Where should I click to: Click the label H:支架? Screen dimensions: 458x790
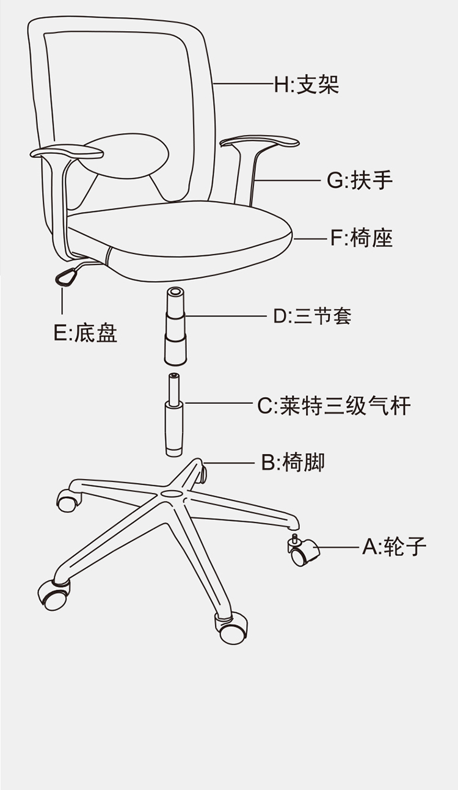[x=307, y=85]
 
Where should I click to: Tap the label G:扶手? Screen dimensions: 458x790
[x=360, y=180]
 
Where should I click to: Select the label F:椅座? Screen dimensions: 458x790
[x=362, y=238]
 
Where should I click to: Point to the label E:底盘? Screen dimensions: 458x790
[x=85, y=332]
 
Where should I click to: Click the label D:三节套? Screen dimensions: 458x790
[x=313, y=316]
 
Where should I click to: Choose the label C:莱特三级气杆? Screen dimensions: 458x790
[x=334, y=406]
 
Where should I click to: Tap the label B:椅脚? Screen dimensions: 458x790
[x=293, y=462]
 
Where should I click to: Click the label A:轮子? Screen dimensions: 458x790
[x=394, y=547]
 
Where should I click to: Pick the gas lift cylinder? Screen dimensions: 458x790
[x=174, y=415]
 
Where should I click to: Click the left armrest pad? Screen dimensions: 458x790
[x=67, y=152]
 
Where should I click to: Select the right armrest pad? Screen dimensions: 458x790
[x=260, y=141]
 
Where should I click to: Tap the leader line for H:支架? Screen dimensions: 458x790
[x=244, y=84]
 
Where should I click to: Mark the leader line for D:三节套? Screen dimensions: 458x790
[x=227, y=316]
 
